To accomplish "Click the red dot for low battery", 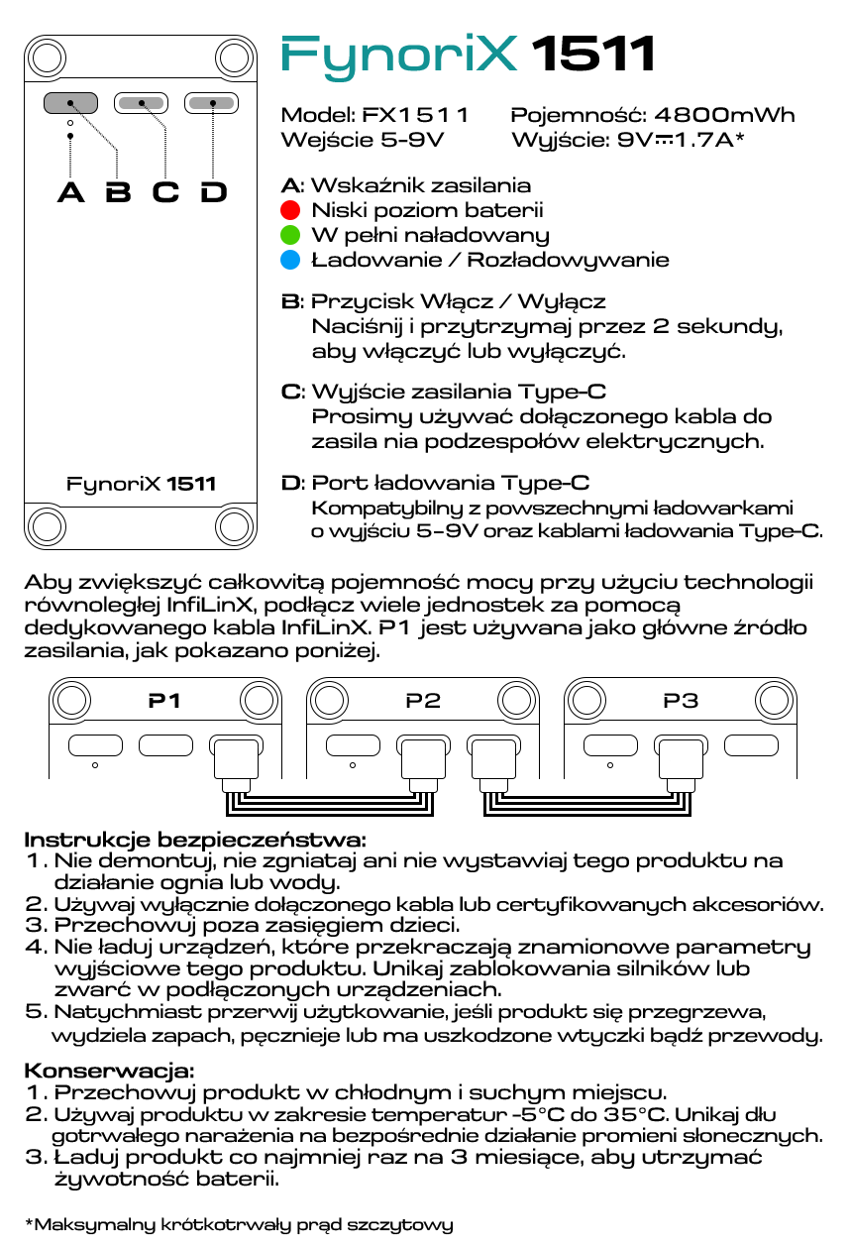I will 290,210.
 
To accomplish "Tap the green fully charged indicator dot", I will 290,235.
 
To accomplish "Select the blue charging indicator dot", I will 290,260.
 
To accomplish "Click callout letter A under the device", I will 70,191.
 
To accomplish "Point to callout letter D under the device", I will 214,191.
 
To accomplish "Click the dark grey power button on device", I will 70,102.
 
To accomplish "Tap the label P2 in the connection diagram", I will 423,701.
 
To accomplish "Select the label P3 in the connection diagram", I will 681,701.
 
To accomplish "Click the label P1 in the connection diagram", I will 164,701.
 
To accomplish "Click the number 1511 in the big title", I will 594,55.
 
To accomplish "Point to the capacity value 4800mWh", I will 724,115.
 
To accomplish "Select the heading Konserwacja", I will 109,1071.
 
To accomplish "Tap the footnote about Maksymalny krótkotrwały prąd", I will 239,1224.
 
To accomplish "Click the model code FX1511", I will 416,115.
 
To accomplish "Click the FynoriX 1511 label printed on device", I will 141,485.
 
